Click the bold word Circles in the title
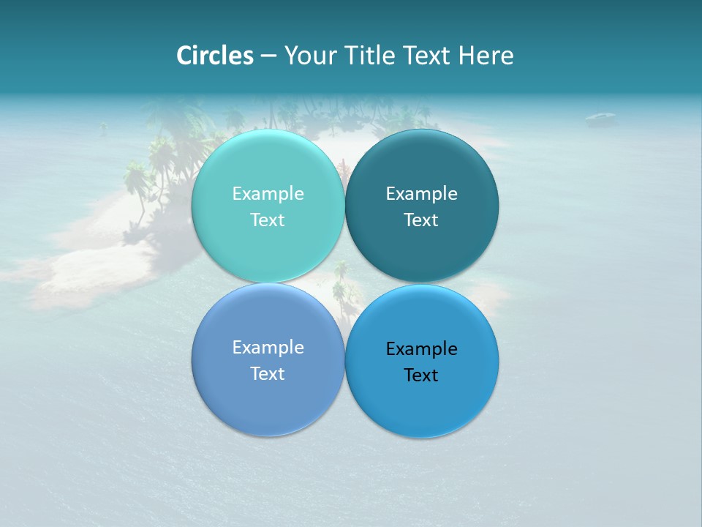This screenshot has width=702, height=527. (x=215, y=55)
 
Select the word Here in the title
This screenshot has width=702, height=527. (x=486, y=55)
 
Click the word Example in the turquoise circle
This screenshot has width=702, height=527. (x=268, y=193)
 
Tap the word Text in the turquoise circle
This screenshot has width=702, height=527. (x=268, y=220)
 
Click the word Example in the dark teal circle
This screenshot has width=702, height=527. (x=421, y=193)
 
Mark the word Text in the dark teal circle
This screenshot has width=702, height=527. (x=421, y=220)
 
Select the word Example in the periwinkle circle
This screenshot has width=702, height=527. (x=268, y=347)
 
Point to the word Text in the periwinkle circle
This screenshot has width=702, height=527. (x=268, y=373)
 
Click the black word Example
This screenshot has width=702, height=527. (x=421, y=348)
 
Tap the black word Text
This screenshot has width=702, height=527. (x=421, y=375)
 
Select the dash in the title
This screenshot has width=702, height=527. (x=268, y=56)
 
